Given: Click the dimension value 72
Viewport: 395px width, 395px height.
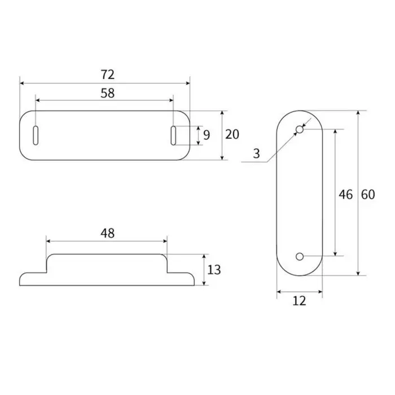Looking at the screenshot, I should [x=107, y=74].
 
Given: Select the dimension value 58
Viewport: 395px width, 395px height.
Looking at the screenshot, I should [x=107, y=93].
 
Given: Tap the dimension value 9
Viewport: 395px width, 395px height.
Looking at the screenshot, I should [x=207, y=135].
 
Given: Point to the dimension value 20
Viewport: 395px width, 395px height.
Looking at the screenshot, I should [x=232, y=134].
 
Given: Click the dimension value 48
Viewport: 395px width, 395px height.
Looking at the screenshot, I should [x=108, y=232].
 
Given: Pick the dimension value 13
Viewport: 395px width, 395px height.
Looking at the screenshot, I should [x=214, y=269].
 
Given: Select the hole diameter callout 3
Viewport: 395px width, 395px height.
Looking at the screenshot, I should [x=257, y=153].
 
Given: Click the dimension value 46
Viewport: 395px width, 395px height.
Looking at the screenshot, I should [x=345, y=194].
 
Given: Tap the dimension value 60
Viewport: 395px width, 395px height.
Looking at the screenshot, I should [x=367, y=194].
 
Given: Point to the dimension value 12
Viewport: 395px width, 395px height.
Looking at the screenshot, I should [x=300, y=301].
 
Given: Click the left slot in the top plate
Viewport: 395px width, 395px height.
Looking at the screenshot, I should [x=36, y=135].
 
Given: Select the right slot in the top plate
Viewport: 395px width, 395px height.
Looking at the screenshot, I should [x=174, y=135].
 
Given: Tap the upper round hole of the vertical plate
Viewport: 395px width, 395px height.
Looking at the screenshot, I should [x=300, y=130].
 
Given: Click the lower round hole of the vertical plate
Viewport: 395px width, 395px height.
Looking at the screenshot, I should [x=300, y=257].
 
